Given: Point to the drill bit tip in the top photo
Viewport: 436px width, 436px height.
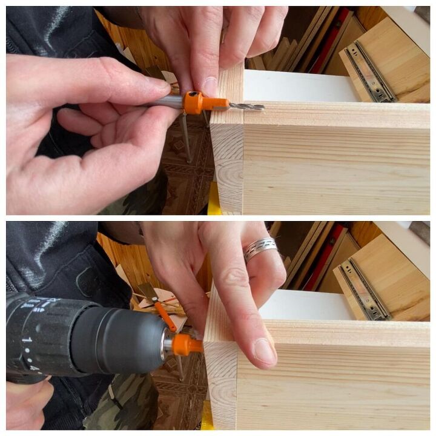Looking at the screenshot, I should [x=262, y=108].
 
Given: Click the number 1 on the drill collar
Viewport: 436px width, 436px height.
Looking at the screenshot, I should [x=26, y=341].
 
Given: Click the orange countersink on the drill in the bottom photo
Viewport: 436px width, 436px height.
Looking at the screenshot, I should [x=185, y=346].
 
